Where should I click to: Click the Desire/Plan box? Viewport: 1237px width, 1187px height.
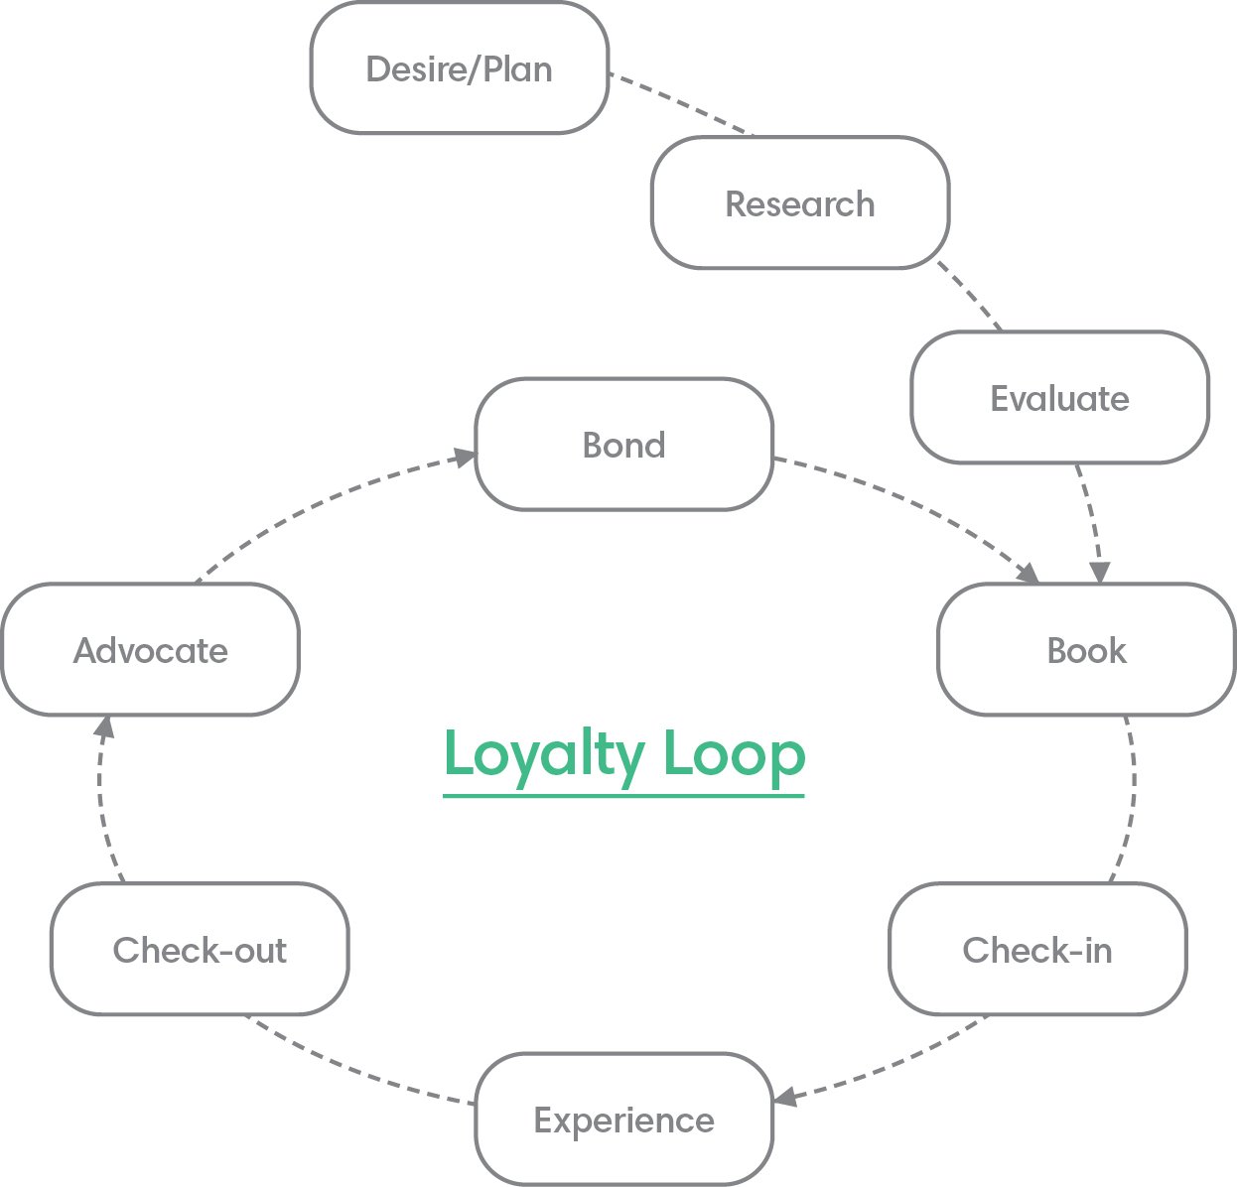(459, 68)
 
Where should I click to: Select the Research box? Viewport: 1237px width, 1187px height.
(799, 203)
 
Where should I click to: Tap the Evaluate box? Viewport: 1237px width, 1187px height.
(1059, 398)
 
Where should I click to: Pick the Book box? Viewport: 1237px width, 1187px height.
(1086, 650)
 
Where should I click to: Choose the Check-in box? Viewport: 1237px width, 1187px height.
(1036, 950)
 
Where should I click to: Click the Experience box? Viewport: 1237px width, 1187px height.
(623, 1120)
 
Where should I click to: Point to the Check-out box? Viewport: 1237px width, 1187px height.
(199, 950)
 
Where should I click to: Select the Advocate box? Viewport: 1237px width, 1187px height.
(150, 650)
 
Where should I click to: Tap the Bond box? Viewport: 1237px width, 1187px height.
(623, 445)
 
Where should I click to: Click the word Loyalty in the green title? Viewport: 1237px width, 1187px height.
(543, 755)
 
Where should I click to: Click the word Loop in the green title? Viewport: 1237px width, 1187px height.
(734, 755)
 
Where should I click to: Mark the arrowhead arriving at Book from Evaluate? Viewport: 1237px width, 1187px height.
(1099, 573)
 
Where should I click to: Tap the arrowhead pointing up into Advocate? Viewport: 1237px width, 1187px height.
(103, 726)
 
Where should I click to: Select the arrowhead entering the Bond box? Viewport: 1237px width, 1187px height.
(464, 457)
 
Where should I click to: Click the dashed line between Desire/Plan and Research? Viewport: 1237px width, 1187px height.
(680, 102)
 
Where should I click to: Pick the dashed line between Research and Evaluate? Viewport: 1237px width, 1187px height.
(971, 297)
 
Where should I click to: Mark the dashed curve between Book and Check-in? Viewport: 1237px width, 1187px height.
(1131, 799)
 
